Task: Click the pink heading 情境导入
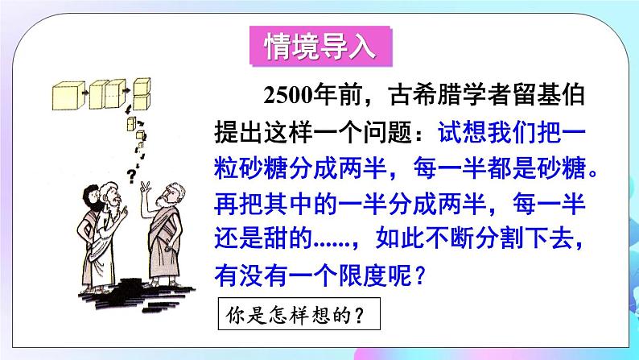pos(319,46)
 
